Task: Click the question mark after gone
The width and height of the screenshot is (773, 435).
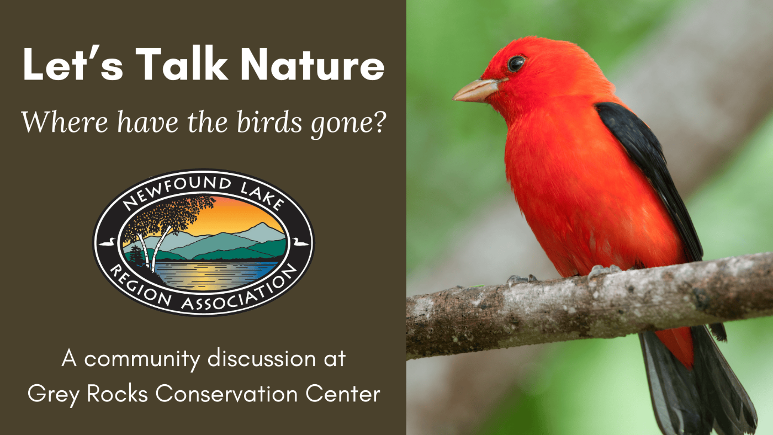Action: coord(378,120)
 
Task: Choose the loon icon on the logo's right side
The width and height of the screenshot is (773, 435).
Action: coord(300,242)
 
